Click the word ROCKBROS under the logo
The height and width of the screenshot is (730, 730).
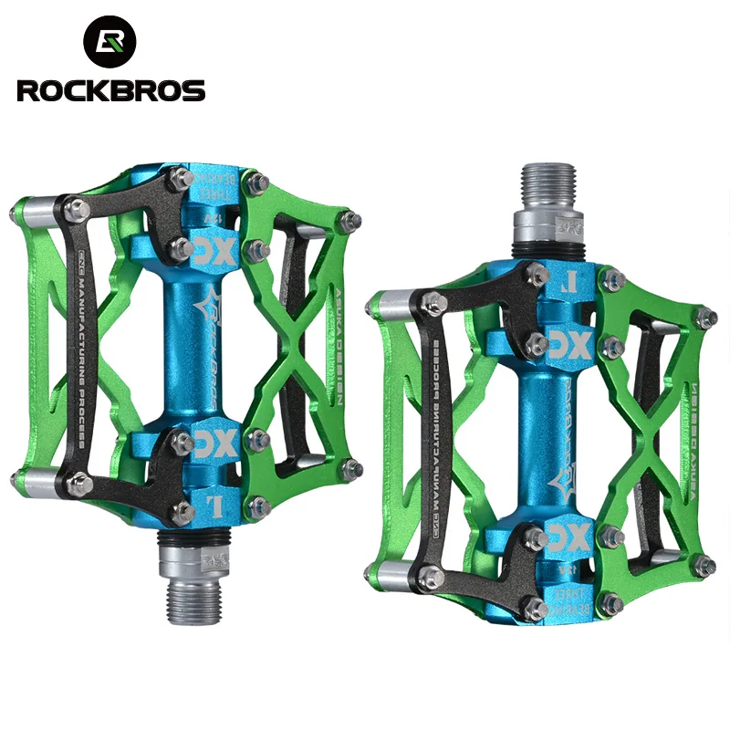click(109, 90)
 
